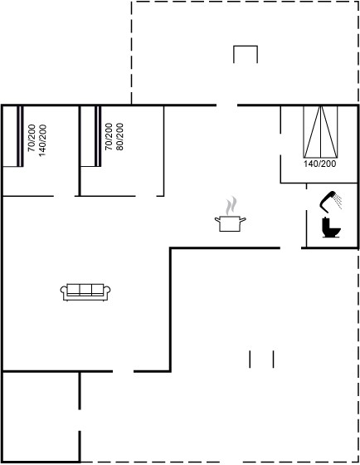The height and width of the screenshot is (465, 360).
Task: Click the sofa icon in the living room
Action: (x=85, y=292)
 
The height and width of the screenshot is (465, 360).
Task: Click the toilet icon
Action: (x=331, y=228)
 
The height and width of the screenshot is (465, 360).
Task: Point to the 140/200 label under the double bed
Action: (x=319, y=164)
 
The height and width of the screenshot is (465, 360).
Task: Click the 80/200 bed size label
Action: (x=119, y=137)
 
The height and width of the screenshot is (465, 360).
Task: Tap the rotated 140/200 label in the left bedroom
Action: (x=42, y=140)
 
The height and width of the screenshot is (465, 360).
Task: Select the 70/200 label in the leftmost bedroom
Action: (x=32, y=138)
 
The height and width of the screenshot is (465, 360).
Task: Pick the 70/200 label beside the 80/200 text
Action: (x=109, y=137)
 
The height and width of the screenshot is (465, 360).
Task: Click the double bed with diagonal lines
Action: (x=320, y=132)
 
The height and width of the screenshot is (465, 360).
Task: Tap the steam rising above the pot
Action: (x=231, y=205)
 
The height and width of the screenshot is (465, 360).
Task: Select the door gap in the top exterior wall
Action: (x=226, y=105)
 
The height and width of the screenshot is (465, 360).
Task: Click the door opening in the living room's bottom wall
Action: (x=123, y=371)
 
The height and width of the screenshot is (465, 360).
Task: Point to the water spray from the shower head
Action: (x=337, y=200)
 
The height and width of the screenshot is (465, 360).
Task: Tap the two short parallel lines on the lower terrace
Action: (x=261, y=359)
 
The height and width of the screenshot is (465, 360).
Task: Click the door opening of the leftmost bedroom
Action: (x=64, y=196)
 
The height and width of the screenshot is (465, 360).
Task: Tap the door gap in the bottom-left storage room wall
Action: (x=80, y=420)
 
